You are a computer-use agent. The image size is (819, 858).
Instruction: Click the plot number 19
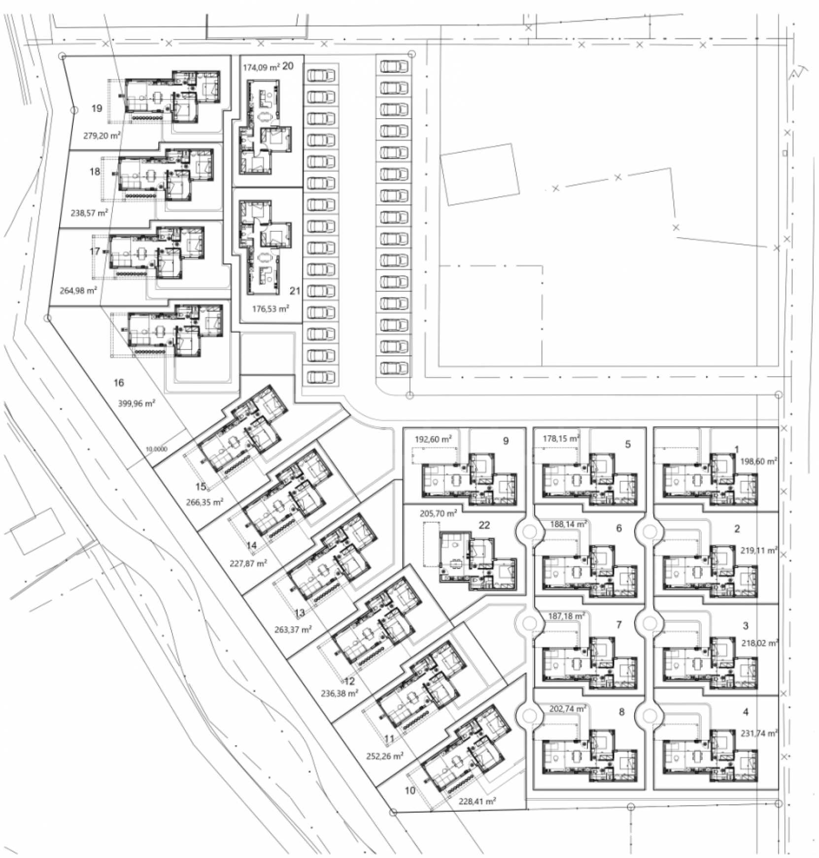click(97, 108)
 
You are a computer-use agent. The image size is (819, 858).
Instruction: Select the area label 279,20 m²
click(102, 135)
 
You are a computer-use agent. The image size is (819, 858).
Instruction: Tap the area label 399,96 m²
click(136, 403)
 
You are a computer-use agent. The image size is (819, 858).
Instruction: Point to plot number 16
click(119, 382)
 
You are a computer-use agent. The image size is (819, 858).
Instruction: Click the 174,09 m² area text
click(261, 67)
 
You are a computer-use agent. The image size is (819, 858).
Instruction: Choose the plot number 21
click(295, 291)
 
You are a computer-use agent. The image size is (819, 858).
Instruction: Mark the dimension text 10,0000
click(157, 449)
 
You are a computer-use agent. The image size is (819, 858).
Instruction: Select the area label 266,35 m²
click(205, 503)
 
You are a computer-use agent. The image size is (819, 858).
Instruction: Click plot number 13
click(300, 612)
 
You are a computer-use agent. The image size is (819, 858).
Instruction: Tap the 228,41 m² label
click(477, 801)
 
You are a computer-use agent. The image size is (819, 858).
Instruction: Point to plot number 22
click(484, 525)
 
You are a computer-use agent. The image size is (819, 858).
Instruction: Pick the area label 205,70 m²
click(438, 513)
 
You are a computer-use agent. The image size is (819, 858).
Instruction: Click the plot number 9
click(506, 441)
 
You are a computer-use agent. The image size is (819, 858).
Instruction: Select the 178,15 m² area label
click(561, 438)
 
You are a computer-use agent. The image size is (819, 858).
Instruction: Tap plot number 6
click(619, 528)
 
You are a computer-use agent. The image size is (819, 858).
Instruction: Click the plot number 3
click(746, 626)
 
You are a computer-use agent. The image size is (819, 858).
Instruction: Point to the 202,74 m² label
click(568, 709)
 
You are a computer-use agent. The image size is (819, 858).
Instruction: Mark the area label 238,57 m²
click(89, 213)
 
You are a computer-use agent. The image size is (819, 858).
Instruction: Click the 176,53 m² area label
click(271, 309)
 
